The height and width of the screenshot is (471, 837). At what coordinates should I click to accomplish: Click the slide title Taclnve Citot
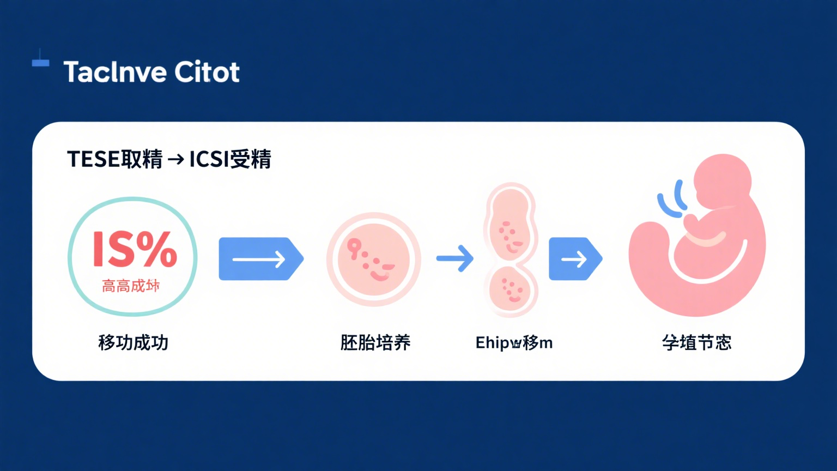(x=151, y=72)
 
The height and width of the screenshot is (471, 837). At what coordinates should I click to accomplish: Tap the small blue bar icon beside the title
(x=40, y=62)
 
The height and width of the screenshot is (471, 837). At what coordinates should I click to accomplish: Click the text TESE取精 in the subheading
(x=115, y=159)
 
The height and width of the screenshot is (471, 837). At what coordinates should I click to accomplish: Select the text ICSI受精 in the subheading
(x=230, y=159)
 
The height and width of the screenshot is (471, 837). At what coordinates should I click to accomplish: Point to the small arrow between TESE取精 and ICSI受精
(x=176, y=159)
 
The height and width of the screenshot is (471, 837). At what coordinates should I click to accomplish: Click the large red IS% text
(x=135, y=250)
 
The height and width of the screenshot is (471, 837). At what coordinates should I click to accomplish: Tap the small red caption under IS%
(x=131, y=286)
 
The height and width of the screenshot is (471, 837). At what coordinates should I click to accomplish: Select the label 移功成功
(x=133, y=342)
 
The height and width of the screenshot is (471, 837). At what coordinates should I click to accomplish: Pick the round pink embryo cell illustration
(x=374, y=258)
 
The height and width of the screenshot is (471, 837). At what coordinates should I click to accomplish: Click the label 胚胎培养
(x=375, y=342)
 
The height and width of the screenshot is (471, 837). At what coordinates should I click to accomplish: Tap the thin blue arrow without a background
(x=455, y=258)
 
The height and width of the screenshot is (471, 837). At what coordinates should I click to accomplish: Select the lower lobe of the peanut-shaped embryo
(x=511, y=289)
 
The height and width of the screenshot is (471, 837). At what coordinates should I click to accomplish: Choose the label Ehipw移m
(x=514, y=342)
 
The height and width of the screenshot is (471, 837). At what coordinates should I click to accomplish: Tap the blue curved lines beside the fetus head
(x=672, y=201)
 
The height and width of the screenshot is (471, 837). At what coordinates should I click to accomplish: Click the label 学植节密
(x=696, y=342)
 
